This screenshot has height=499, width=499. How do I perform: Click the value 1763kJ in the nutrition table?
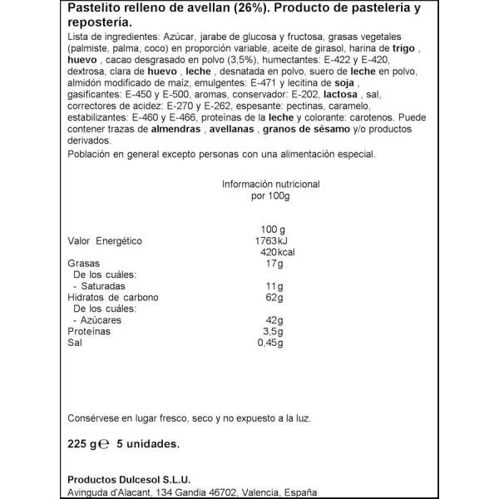click(269, 241)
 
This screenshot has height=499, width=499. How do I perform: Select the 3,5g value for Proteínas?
click(274, 331)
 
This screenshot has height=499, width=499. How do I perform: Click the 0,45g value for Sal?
click(272, 343)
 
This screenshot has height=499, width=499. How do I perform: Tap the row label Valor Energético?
click(105, 241)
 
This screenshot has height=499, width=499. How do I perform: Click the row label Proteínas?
click(88, 331)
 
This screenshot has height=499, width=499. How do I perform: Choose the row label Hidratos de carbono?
click(112, 298)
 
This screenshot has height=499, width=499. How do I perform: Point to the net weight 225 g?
click(79, 444)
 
